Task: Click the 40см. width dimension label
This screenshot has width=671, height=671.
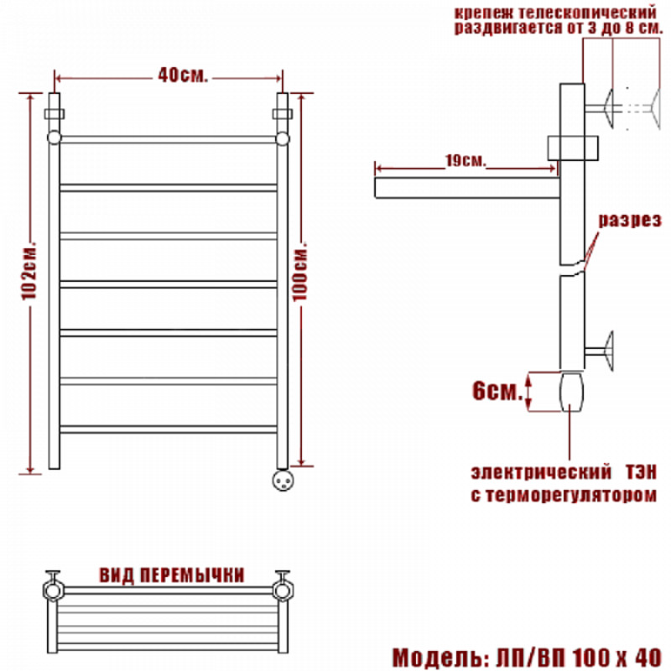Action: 183,75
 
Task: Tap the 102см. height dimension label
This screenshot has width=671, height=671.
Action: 30,272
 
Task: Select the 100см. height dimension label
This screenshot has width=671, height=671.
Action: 300,272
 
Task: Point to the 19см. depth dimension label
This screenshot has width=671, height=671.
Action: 466,160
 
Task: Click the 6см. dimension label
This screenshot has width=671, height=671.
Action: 497,390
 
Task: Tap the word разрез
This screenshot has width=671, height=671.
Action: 630,220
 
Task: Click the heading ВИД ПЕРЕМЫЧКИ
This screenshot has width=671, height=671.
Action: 172,575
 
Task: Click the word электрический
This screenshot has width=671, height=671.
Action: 541,472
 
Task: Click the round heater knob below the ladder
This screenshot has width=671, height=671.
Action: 283,480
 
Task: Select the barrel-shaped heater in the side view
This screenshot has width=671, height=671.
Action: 572,392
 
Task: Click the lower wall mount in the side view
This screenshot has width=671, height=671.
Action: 599,351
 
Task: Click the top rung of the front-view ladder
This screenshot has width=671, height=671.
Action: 169,139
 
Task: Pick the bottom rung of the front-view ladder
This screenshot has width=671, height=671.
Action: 169,429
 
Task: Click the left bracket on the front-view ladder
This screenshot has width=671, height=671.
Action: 55,114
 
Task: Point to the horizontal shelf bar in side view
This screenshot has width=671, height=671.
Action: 467,188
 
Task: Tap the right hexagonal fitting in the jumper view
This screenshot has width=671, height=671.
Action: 283,590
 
